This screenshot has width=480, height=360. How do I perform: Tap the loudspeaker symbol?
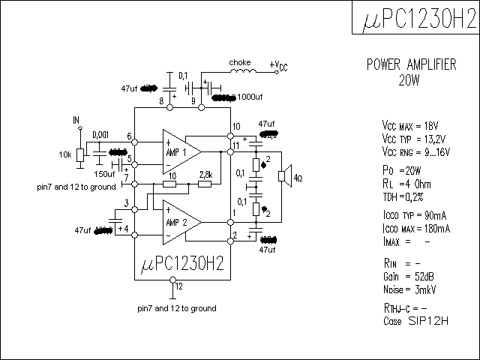tap(284, 177)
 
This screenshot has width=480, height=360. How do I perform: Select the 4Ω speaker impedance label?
tap(298, 178)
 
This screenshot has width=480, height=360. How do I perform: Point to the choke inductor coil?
tap(241, 72)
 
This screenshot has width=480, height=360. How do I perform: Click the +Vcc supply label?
tap(278, 66)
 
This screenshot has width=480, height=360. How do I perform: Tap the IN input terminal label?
tap(76, 119)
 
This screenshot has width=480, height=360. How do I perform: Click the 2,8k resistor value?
tap(205, 174)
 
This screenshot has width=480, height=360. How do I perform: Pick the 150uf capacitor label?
tap(104, 174)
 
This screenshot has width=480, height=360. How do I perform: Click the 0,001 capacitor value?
tap(100, 134)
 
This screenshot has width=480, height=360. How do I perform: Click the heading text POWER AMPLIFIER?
tap(411, 65)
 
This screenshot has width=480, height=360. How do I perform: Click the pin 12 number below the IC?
tap(178, 286)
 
